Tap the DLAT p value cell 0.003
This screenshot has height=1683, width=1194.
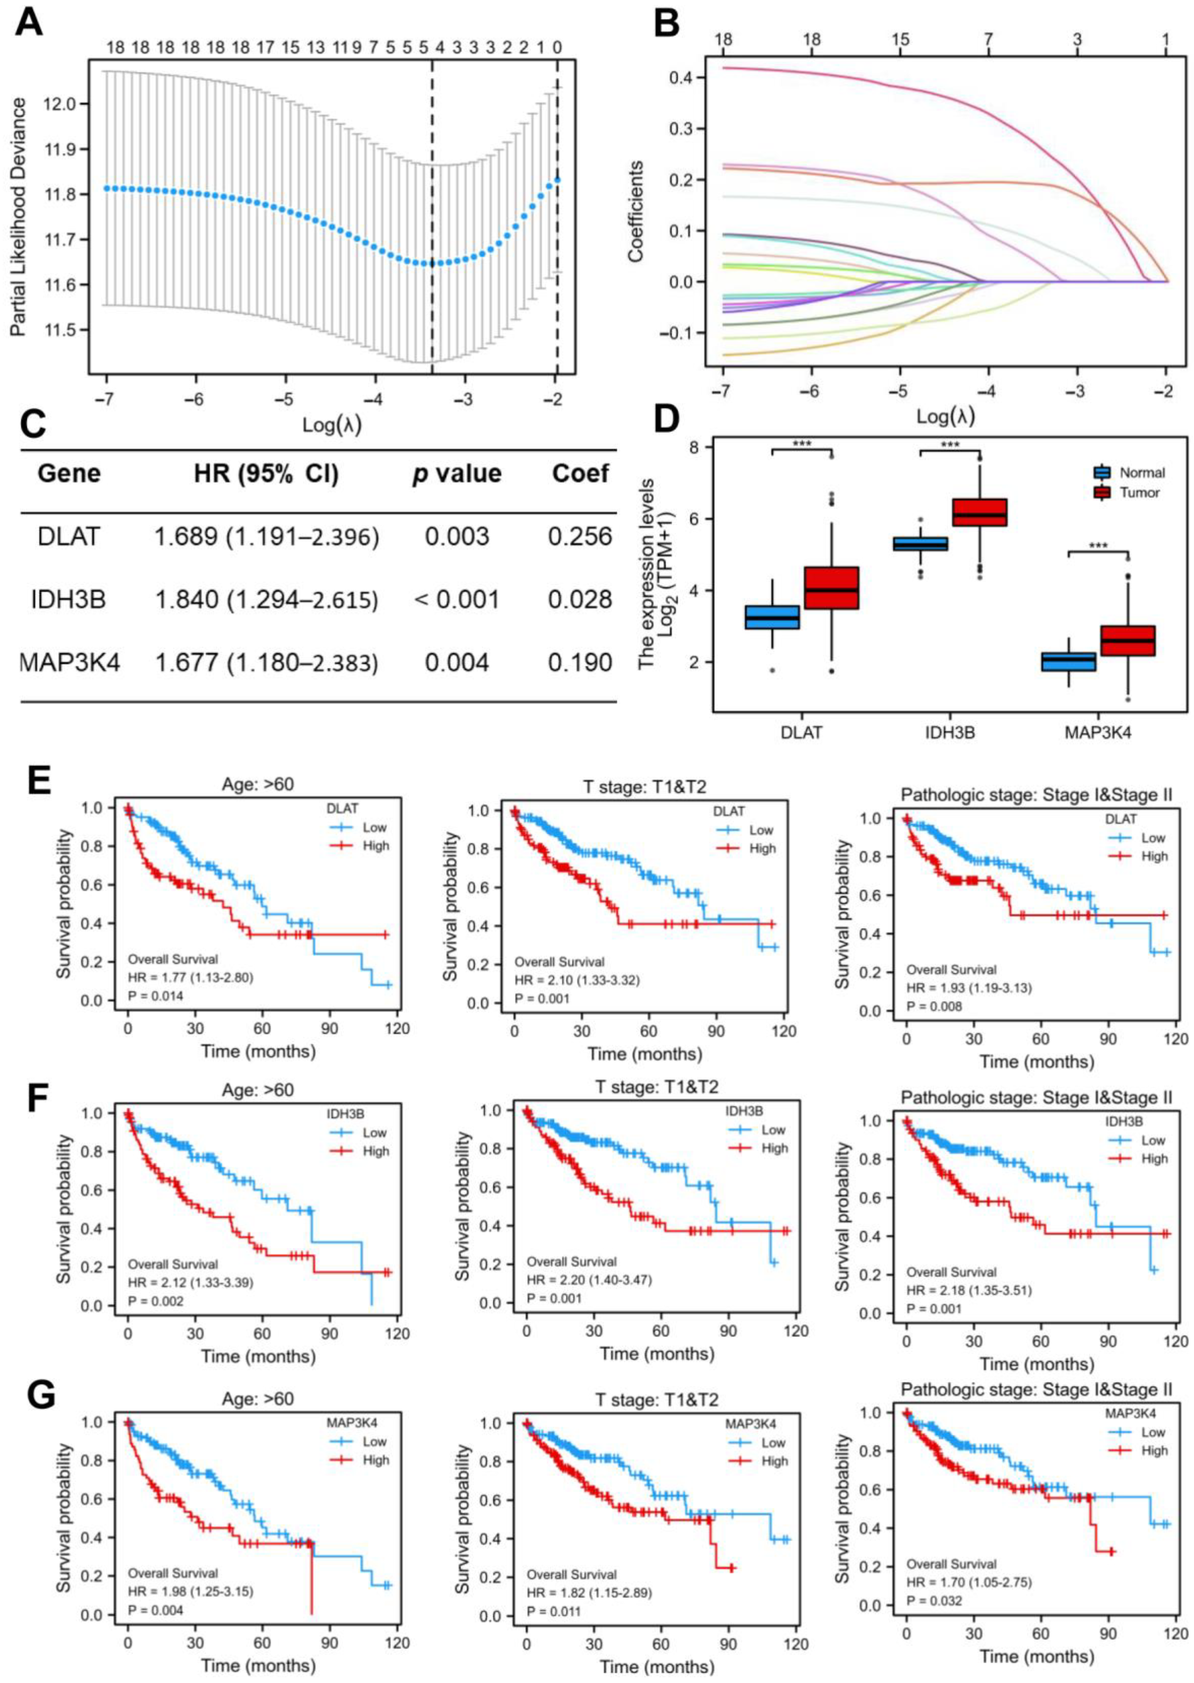tap(457, 536)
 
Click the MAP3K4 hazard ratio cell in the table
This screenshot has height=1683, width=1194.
tap(266, 663)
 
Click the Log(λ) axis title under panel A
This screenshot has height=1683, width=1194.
tap(331, 424)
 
